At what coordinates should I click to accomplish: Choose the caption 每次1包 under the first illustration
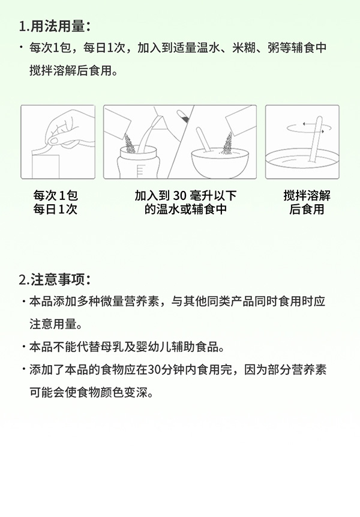56,196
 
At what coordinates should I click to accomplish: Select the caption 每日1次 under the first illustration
56,210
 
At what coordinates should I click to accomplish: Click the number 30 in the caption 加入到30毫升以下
180,196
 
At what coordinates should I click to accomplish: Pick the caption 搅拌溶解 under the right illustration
307,196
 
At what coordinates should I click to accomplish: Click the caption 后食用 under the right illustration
307,210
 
